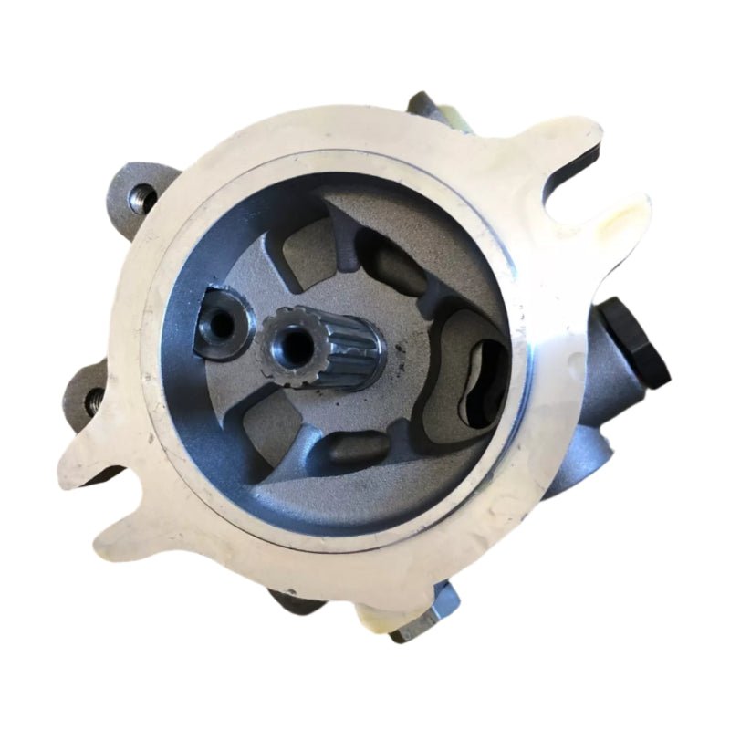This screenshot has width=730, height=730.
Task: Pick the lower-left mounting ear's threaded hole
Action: pyautogui.click(x=92, y=398)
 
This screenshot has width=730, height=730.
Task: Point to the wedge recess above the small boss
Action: pyautogui.click(x=287, y=259)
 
